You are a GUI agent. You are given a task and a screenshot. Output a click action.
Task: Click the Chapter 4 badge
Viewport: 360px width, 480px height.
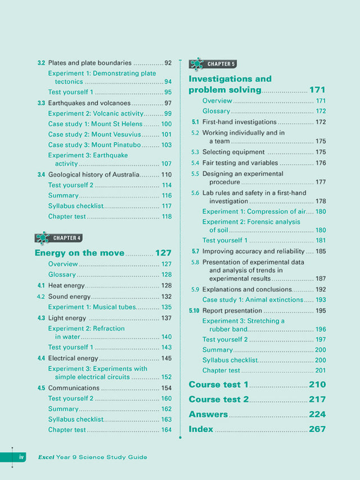click(58, 238)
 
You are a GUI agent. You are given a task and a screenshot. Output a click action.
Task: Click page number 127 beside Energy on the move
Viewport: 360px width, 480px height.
click(163, 253)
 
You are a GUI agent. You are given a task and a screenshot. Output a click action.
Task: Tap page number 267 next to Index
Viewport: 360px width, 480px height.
click(317, 429)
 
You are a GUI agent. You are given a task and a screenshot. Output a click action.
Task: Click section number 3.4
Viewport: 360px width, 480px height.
click(41, 175)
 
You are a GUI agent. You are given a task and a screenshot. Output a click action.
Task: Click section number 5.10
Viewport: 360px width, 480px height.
click(194, 311)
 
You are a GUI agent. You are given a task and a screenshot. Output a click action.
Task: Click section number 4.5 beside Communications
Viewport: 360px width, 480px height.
click(41, 388)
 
